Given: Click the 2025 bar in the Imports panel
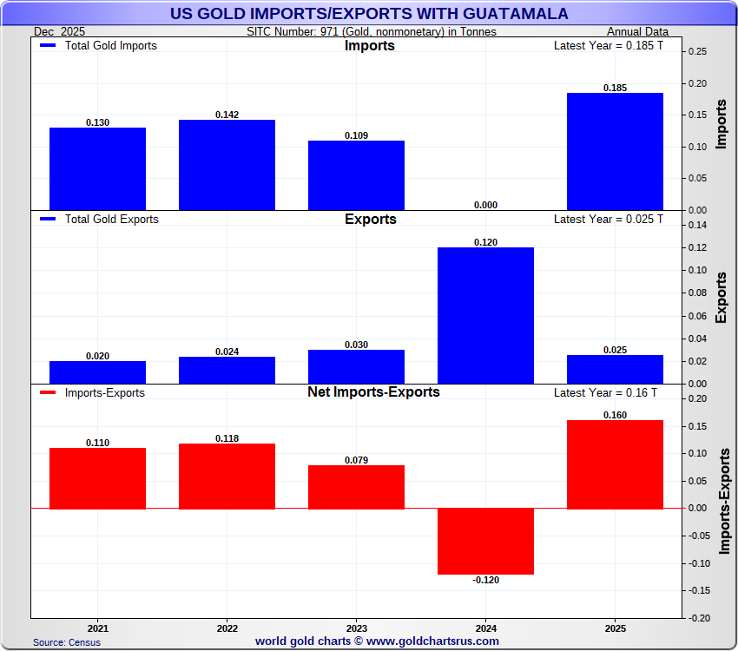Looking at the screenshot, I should click(615, 151).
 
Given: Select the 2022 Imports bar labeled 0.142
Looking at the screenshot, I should click(227, 165).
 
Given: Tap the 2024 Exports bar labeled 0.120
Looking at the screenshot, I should click(485, 315).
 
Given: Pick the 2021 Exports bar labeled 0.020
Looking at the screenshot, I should click(97, 372).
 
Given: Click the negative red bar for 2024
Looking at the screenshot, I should click(485, 541).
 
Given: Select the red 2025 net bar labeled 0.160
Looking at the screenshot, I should click(615, 464).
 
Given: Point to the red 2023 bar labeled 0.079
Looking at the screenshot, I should click(356, 487).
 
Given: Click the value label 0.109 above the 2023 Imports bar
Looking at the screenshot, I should click(356, 135).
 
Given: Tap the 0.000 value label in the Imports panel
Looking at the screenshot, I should click(485, 205).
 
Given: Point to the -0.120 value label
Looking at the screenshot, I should click(485, 581).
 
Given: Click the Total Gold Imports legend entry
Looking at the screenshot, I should click(99, 45).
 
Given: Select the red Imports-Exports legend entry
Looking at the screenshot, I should click(93, 393).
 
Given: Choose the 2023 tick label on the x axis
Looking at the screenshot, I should click(356, 627).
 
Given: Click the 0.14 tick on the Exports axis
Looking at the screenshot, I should click(697, 226).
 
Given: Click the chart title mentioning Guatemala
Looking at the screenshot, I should click(368, 14).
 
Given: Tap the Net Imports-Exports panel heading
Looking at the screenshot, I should click(373, 392).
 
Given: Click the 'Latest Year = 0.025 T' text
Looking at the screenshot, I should click(608, 219).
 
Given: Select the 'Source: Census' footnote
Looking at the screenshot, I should click(67, 642).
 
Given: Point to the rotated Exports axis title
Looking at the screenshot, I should click(722, 298).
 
